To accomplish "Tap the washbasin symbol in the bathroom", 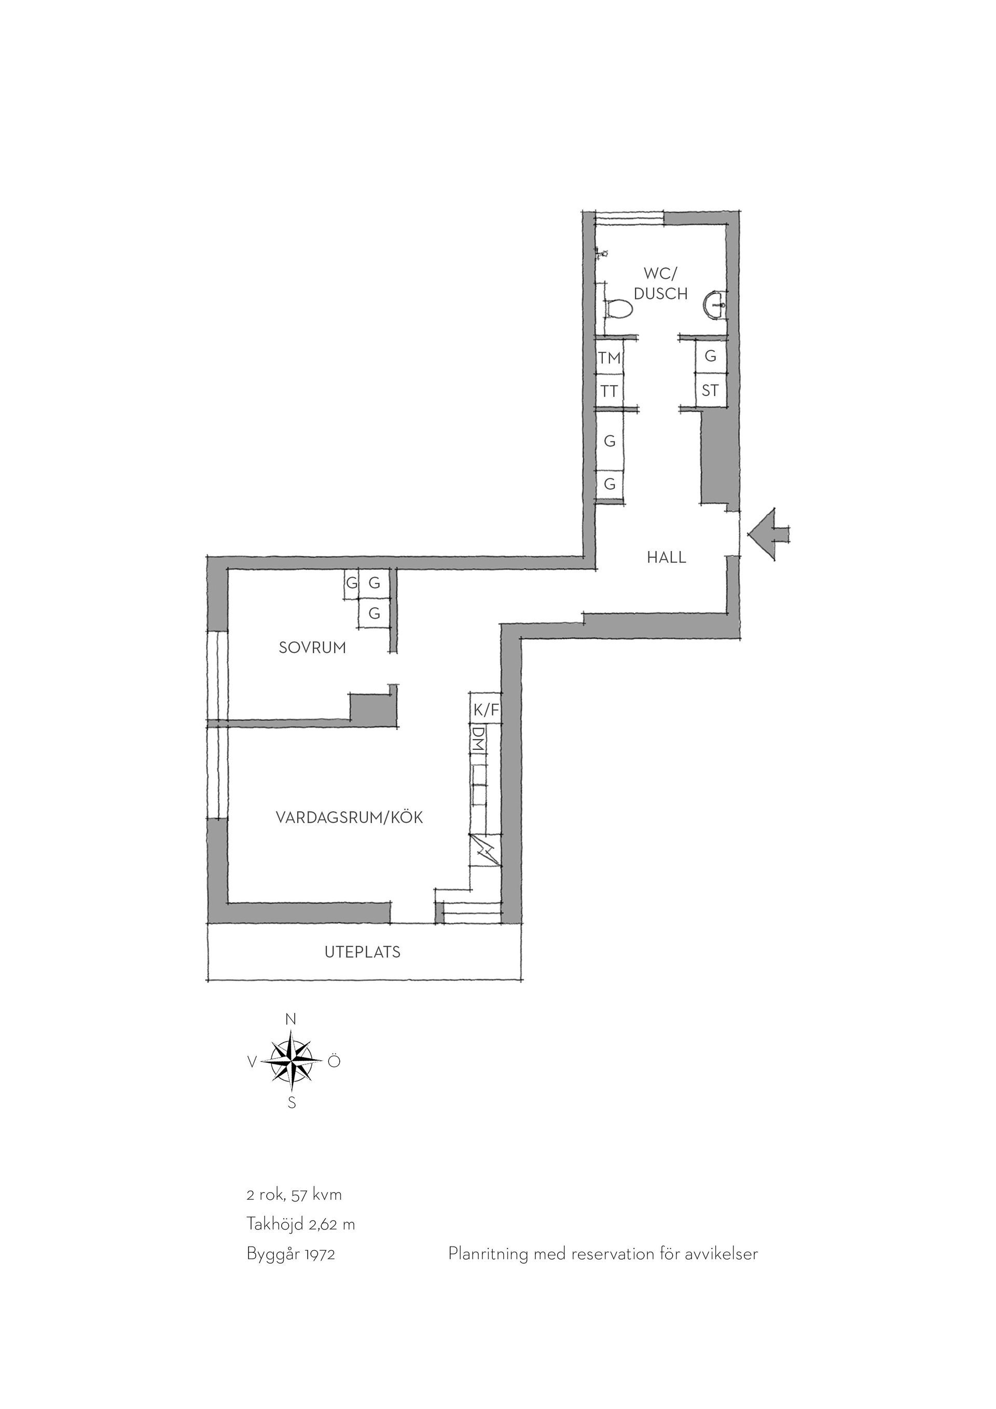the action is [716, 305].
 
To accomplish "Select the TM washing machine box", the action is [610, 357].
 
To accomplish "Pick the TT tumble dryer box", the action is [610, 390].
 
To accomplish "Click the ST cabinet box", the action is [710, 390].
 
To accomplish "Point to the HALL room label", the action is [666, 558].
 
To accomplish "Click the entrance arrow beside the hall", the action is [769, 534].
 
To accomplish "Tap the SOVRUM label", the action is [312, 648].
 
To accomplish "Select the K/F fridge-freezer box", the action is [486, 710].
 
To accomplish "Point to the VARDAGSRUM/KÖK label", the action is [349, 817].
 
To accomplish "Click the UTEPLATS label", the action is [363, 952].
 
